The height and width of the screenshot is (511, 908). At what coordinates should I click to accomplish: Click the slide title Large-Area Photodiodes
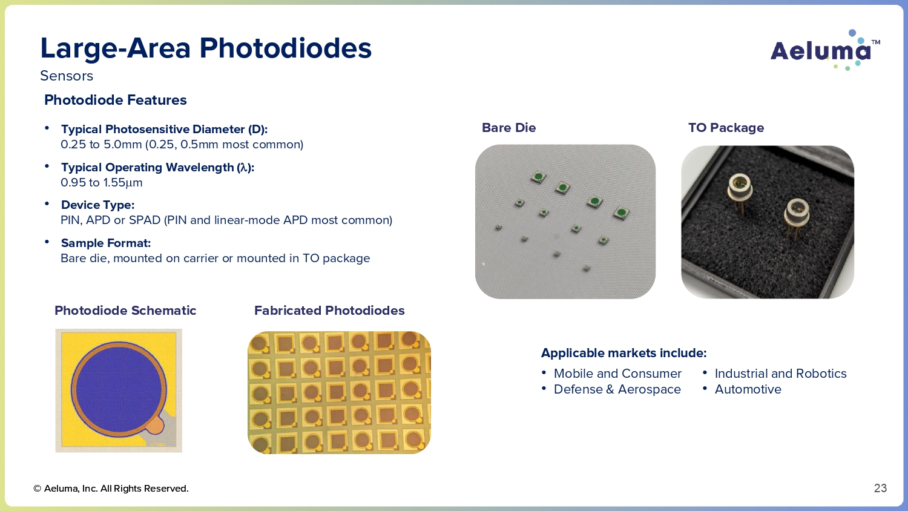point(206,48)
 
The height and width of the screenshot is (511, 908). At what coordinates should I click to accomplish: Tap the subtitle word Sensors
point(67,76)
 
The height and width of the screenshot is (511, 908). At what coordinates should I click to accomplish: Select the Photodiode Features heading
point(116,100)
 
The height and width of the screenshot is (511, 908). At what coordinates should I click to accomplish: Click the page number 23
point(880,488)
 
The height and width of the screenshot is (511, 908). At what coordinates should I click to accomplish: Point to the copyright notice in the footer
point(111,488)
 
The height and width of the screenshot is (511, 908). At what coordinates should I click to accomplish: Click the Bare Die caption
point(508,128)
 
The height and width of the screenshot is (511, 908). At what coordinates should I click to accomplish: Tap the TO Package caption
point(726,128)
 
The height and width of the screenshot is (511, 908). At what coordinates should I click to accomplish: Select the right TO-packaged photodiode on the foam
point(796,217)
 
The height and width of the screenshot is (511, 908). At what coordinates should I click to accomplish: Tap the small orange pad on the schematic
point(155,426)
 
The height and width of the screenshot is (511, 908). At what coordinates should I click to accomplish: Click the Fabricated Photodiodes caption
point(329,311)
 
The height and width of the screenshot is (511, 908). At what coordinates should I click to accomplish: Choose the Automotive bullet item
point(748,389)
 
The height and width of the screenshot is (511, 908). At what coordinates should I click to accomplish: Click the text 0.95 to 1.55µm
point(101,182)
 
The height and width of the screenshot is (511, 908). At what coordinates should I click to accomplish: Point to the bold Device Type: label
point(97,205)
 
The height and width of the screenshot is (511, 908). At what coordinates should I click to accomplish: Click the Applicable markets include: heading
point(624,353)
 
